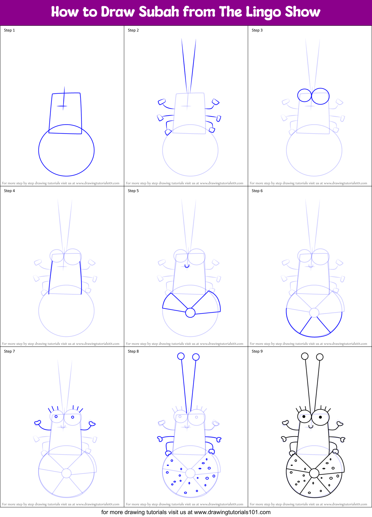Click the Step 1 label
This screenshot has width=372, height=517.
coord(9,30)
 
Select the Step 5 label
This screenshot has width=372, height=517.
coord(133,191)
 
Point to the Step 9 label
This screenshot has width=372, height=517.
coord(257,351)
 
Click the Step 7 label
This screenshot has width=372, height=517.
coord(9,351)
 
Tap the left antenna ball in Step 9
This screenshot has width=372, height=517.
coord(305,356)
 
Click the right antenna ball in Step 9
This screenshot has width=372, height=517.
coord(320,357)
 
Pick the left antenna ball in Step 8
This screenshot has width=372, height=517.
coord(181,356)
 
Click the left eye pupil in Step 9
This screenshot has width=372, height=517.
coord(304,417)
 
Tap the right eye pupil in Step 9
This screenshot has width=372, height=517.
coord(321,417)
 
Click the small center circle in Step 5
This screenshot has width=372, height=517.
coord(190,313)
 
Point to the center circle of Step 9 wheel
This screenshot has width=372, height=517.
coord(314,473)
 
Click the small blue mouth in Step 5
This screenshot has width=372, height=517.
coord(187,266)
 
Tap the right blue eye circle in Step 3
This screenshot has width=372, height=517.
coord(321,96)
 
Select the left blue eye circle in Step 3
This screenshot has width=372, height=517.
coord(304,96)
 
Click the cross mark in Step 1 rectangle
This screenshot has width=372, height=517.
coord(63,106)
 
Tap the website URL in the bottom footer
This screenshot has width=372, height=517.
coord(232,512)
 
